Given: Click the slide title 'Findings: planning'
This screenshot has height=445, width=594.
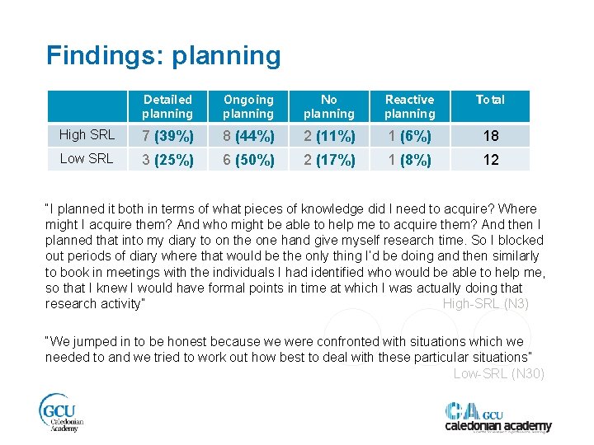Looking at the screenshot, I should [x=163, y=56].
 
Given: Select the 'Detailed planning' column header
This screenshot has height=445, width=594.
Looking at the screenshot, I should [x=167, y=106].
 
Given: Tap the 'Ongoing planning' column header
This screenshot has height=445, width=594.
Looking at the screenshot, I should [x=247, y=106].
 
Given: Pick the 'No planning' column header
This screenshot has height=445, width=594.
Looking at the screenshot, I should [x=328, y=106].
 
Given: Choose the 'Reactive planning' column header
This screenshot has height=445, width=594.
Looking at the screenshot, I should [x=409, y=106].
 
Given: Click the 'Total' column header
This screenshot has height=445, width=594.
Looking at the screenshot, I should [x=490, y=100].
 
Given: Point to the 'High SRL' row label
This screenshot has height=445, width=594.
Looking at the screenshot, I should [x=87, y=135].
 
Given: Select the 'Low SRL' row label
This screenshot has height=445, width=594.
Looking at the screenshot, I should [x=87, y=159].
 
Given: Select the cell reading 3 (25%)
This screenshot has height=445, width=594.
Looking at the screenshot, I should [x=167, y=160].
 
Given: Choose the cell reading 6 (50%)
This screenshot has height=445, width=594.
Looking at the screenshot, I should [x=247, y=160].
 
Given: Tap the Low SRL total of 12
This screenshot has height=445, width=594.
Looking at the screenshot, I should [x=490, y=160].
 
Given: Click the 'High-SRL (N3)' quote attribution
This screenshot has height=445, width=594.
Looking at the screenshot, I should [x=486, y=303].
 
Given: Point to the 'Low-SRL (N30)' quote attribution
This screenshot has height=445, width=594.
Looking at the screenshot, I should [x=499, y=373].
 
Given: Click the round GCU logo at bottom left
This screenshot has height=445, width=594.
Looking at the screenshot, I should [x=61, y=412].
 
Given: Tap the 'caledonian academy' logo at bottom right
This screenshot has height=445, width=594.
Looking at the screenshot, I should [x=497, y=417].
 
